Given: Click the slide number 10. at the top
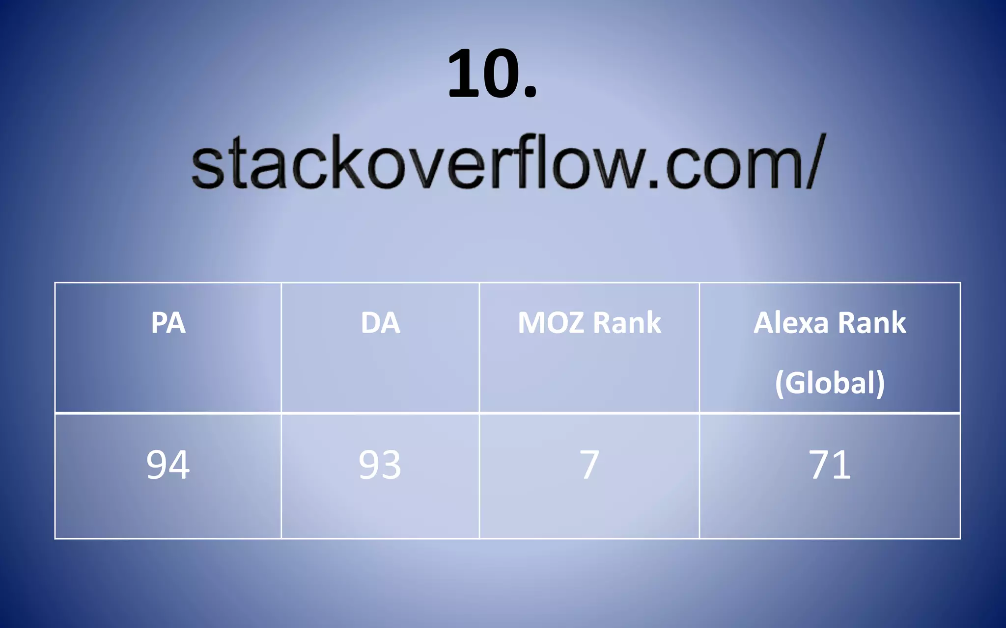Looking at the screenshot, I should tap(492, 75).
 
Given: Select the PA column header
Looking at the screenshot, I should tap(168, 323).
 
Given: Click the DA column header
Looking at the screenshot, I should tap(380, 323).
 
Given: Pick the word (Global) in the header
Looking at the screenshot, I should tap(830, 383).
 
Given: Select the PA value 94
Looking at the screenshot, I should tap(168, 465).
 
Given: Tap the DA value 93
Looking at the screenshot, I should tap(380, 465).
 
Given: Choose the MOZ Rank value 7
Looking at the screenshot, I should tap(589, 465).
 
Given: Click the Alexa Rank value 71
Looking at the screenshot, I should tap(830, 465).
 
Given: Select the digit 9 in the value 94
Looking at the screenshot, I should tap(157, 465).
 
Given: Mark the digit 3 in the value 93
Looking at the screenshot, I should tap(391, 465).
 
